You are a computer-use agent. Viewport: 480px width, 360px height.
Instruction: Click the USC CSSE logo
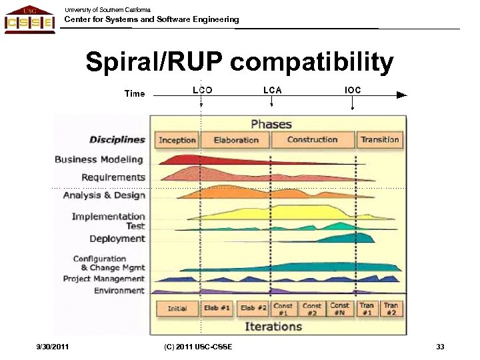click(x=29, y=19)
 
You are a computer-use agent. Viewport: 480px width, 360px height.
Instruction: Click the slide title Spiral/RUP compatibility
click(x=239, y=63)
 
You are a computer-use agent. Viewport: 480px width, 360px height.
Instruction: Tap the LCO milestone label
click(x=202, y=90)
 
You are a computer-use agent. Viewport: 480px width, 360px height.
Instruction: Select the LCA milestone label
click(x=272, y=90)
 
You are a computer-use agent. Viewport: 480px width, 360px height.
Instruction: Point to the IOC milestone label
click(x=353, y=90)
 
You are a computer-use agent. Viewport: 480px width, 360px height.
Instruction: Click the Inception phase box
click(x=177, y=140)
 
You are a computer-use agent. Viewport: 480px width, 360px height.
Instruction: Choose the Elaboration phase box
click(x=236, y=140)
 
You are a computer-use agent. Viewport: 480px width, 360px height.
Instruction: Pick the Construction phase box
click(x=312, y=140)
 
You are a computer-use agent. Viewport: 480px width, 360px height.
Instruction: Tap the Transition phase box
click(x=379, y=140)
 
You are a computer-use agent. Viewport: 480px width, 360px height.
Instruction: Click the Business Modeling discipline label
click(x=99, y=159)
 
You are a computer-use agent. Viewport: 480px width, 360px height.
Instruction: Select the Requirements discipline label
click(x=113, y=177)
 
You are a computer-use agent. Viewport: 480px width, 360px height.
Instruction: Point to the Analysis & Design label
click(x=104, y=195)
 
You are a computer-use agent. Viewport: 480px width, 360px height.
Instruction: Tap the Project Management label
click(x=103, y=279)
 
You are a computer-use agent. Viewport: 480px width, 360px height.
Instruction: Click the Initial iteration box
click(x=177, y=309)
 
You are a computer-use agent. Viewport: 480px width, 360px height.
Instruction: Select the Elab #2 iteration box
click(x=253, y=309)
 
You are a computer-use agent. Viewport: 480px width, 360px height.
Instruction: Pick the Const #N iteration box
click(x=339, y=309)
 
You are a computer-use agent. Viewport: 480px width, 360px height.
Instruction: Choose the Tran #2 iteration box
click(x=391, y=309)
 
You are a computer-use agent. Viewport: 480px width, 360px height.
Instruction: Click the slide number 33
click(x=440, y=347)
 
